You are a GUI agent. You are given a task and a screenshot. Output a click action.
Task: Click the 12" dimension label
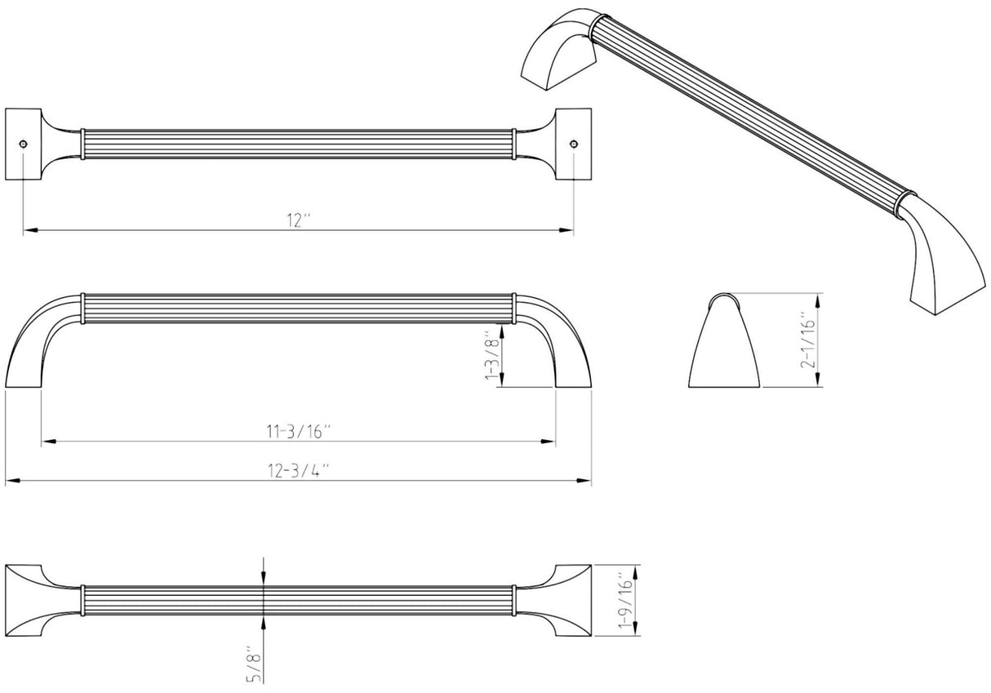click(298, 220)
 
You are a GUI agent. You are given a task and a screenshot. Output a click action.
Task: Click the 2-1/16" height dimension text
click(807, 340)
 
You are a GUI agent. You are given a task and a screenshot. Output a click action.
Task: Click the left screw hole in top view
click(24, 144)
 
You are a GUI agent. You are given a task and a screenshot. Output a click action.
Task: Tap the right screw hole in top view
click(574, 144)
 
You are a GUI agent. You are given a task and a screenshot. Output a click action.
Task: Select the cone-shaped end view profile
click(724, 343)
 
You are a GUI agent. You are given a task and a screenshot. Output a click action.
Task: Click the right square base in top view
click(573, 144)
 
